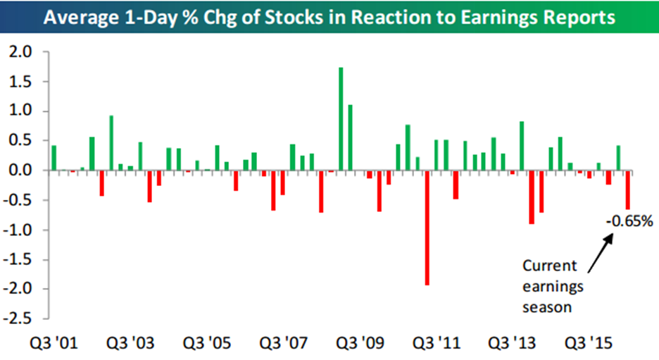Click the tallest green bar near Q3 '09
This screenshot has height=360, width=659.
point(341,118)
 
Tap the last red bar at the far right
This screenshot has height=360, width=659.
point(628,190)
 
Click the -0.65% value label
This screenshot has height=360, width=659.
point(630,221)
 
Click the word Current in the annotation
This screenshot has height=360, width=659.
point(549,266)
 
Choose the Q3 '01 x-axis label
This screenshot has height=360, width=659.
point(55,345)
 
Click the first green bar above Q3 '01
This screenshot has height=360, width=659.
point(54,158)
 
